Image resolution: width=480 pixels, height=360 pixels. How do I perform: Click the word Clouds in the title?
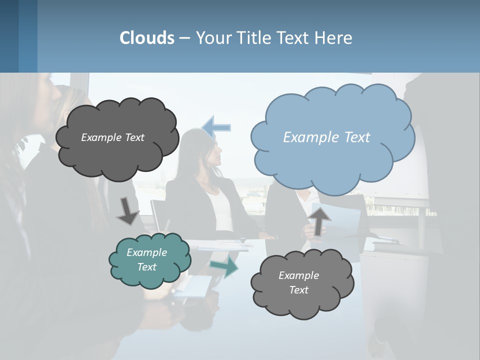point(147,38)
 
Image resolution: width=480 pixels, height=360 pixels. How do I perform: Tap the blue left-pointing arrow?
point(216,127)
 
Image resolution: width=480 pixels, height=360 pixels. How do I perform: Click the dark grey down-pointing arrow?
point(127,210)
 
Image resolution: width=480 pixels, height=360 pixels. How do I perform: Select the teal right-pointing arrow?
point(224,266)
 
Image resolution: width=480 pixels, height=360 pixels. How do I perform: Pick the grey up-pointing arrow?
point(318,221)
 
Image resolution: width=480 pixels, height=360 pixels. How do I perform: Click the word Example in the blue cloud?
point(306,137)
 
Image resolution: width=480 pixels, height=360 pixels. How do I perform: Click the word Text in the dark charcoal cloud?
point(134,137)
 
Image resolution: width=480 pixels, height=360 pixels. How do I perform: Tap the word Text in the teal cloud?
point(147,267)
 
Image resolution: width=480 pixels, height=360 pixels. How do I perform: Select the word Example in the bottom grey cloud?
point(298,275)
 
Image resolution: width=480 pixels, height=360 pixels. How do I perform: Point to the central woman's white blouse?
point(220,210)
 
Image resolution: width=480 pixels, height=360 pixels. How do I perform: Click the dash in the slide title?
point(184,38)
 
